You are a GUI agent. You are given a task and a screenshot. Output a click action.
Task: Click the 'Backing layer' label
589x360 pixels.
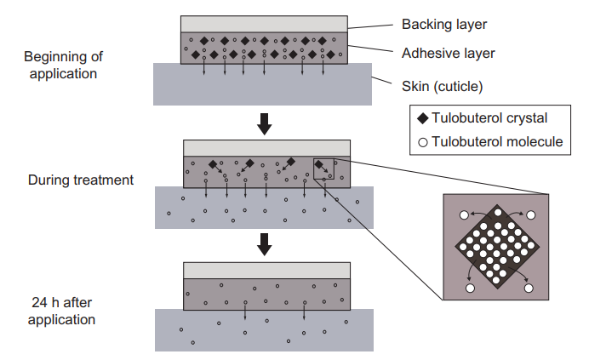click(x=444, y=25)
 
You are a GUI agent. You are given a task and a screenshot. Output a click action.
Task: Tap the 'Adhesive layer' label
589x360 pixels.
click(x=449, y=54)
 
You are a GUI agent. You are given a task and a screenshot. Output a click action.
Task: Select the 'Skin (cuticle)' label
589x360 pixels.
click(x=442, y=87)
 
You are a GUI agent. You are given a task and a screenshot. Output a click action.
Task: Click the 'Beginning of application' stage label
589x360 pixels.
click(x=63, y=65)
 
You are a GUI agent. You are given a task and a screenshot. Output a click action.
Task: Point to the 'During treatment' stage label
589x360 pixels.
click(x=81, y=180)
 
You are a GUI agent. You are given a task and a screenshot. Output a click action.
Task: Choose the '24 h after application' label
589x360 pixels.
click(x=61, y=311)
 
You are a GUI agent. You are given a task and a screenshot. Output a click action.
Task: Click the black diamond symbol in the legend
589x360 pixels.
click(x=423, y=118)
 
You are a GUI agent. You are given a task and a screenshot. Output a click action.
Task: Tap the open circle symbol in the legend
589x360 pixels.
click(x=423, y=142)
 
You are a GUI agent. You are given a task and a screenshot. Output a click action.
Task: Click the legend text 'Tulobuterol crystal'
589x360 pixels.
click(x=489, y=118)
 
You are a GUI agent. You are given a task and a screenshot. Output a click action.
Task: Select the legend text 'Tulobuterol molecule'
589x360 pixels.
click(x=497, y=141)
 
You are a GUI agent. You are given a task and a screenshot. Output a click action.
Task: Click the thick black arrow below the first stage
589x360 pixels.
click(x=265, y=124)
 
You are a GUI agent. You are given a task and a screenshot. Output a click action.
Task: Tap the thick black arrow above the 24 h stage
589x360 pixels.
click(x=265, y=244)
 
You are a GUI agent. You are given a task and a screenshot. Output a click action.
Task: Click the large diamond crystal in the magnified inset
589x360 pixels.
click(x=497, y=247)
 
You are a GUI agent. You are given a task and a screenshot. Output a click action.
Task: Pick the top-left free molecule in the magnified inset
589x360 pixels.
click(x=464, y=215)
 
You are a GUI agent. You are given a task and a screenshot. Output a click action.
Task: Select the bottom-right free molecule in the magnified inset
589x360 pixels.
click(x=529, y=289)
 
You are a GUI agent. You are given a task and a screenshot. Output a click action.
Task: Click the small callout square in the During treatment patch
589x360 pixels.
click(x=323, y=158)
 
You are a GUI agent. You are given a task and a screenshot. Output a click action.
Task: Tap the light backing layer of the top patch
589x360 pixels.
click(x=264, y=24)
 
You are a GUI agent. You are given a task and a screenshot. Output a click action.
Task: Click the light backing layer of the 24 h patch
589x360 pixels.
click(x=266, y=271)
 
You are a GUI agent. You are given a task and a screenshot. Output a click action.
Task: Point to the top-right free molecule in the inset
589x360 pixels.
click(x=531, y=215)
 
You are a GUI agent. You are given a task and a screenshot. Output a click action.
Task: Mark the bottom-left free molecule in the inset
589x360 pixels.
click(x=470, y=289)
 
